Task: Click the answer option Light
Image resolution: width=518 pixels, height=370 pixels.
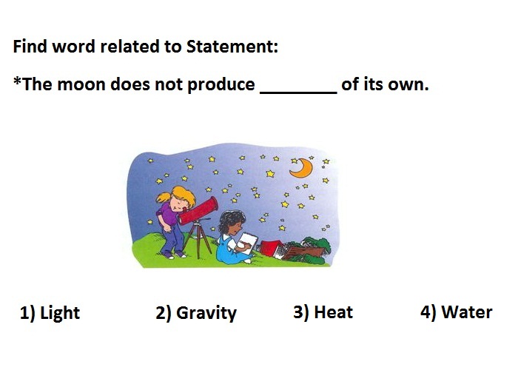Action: (x=50, y=312)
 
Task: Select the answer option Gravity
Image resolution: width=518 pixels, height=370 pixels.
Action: (x=196, y=312)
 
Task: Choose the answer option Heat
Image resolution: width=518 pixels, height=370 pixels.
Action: (x=323, y=312)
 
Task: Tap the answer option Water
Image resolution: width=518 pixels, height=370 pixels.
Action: (x=457, y=312)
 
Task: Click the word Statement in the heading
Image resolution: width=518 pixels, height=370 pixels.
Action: (x=232, y=46)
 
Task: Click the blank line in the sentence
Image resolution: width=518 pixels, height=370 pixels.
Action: (x=299, y=92)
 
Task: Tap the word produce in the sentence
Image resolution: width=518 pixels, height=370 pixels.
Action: (x=221, y=84)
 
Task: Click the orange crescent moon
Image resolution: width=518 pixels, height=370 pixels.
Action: (x=302, y=168)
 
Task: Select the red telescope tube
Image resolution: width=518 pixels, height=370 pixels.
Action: (x=199, y=211)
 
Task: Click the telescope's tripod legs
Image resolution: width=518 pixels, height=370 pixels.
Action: (x=198, y=240)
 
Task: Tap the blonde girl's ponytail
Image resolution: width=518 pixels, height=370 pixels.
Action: (x=164, y=198)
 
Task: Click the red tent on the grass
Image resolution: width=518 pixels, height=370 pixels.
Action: (x=271, y=248)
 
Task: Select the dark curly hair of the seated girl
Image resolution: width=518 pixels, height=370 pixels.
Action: (x=232, y=220)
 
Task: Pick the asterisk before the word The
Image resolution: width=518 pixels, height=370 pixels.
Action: (x=17, y=80)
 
